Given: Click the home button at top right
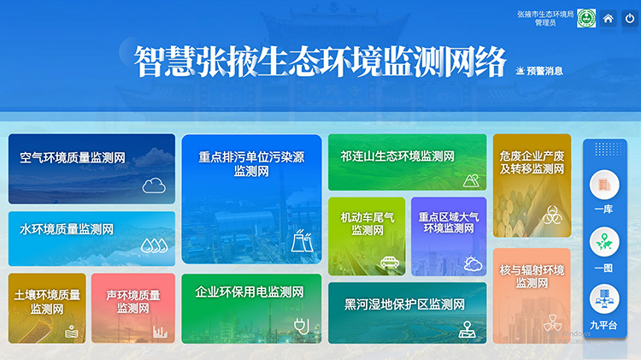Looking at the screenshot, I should tap(609, 18).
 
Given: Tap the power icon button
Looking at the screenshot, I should tap(630, 18).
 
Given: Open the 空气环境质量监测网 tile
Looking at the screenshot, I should tap(91, 168).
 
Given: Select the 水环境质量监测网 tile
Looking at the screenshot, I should tap(91, 238).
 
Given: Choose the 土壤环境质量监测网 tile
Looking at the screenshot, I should tap(47, 307).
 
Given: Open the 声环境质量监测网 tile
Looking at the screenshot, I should tap(133, 307).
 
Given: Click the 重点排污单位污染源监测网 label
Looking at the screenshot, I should tap(251, 164).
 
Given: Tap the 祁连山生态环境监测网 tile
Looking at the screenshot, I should tap(407, 162).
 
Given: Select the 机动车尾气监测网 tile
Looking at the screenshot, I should tap(367, 235).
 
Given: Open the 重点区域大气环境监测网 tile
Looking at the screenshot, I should tap(449, 235).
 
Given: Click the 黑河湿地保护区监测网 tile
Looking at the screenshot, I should tap(407, 312).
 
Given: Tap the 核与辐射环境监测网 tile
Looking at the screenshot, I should tap(532, 295).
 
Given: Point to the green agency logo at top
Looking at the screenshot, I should tap(586, 18).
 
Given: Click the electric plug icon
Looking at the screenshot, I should tap(301, 325).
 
